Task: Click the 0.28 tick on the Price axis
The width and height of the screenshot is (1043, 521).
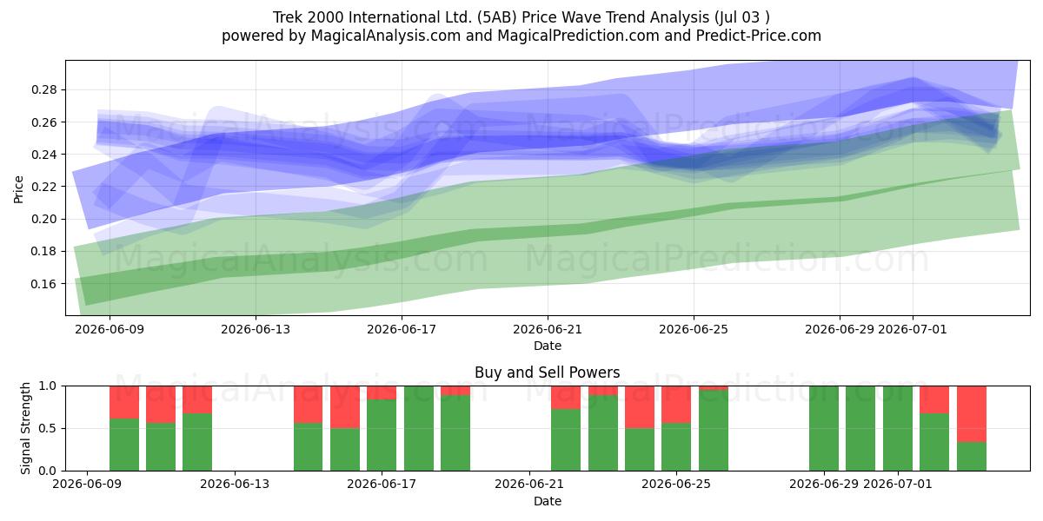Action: tap(43, 89)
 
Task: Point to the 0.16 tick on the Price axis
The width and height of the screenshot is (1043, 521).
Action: tap(43, 284)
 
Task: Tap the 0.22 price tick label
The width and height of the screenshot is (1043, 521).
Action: tap(43, 187)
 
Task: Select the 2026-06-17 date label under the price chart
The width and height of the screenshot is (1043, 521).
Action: tap(402, 330)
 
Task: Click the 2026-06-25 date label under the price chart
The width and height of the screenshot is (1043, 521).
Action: tap(694, 330)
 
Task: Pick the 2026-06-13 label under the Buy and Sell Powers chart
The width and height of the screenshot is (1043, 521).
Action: tap(235, 485)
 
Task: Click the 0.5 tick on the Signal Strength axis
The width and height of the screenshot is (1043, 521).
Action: tap(47, 428)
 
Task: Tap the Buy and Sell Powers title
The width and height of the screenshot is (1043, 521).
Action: tap(547, 373)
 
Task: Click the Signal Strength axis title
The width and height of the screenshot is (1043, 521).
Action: tap(25, 428)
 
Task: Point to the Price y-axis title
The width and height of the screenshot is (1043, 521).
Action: tap(18, 189)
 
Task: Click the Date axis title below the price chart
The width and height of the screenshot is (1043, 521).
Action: tap(547, 346)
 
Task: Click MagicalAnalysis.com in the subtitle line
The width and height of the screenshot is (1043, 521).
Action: tap(386, 36)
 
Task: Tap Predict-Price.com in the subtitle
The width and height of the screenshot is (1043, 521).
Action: tap(759, 36)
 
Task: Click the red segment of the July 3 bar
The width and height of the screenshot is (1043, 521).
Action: tap(972, 414)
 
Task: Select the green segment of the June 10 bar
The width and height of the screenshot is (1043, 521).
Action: tap(123, 445)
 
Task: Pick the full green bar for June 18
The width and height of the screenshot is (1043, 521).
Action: tap(419, 428)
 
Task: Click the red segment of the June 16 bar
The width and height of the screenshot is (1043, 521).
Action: tap(345, 407)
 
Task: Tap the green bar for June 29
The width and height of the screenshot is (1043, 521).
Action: tap(824, 428)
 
